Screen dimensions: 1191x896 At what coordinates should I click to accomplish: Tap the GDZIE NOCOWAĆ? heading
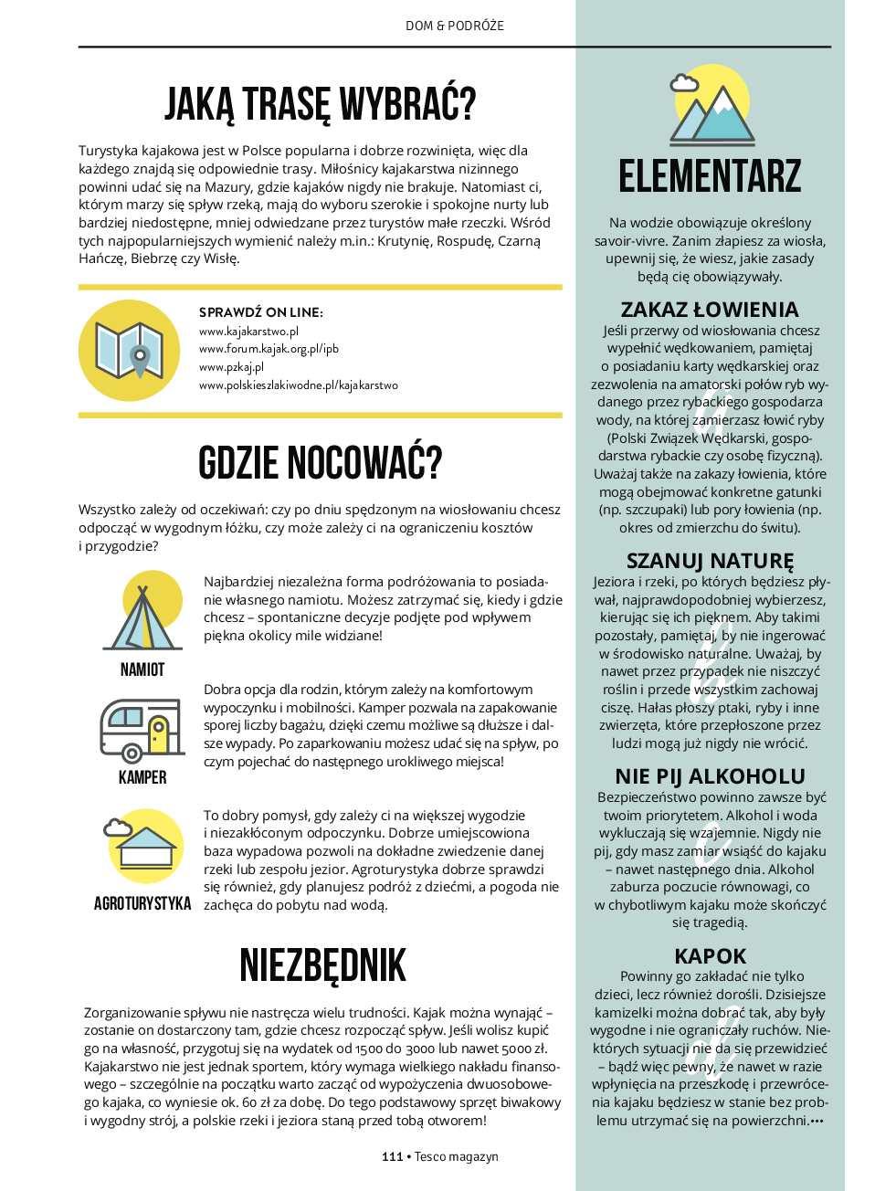click(x=320, y=463)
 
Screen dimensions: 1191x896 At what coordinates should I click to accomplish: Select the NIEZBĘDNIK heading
click(x=322, y=965)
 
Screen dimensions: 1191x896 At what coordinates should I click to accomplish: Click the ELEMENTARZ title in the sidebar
click(x=710, y=176)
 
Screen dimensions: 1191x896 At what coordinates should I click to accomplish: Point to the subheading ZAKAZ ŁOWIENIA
click(x=710, y=309)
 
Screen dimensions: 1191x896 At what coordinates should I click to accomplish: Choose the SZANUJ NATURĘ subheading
click(x=710, y=560)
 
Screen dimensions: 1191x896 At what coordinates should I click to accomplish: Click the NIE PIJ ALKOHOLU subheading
click(x=710, y=776)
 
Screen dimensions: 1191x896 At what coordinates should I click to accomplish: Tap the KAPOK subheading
click(x=710, y=956)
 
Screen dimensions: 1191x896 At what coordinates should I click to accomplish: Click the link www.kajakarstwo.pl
click(x=248, y=331)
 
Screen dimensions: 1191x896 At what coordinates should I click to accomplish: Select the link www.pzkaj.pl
click(x=231, y=367)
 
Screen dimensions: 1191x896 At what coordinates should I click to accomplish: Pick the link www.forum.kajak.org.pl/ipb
click(x=269, y=349)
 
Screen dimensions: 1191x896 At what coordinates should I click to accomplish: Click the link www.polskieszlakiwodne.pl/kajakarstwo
click(x=299, y=385)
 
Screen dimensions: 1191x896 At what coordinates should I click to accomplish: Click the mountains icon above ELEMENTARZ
click(x=710, y=108)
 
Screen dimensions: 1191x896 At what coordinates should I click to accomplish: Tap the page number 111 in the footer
click(x=392, y=1156)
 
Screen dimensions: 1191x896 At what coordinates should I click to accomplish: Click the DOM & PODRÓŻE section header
click(x=454, y=26)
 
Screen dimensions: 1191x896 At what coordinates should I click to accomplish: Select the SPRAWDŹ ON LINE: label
click(x=260, y=312)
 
